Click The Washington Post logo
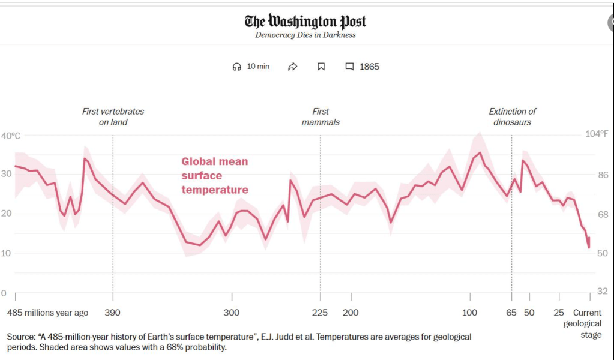pyautogui.click(x=305, y=22)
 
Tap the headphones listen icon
pyautogui.click(x=236, y=67)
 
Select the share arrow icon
pyautogui.click(x=293, y=67)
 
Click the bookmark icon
pyautogui.click(x=321, y=67)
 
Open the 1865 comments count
pyautogui.click(x=363, y=67)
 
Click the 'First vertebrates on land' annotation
pyautogui.click(x=113, y=116)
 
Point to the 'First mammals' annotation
pyautogui.click(x=321, y=116)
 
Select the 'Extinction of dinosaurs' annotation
pyautogui.click(x=512, y=116)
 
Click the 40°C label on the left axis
pyautogui.click(x=10, y=136)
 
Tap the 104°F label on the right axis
pyautogui.click(x=597, y=133)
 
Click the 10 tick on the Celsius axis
pyautogui.click(x=6, y=253)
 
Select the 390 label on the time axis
pyautogui.click(x=112, y=313)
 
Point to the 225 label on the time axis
pyautogui.click(x=320, y=313)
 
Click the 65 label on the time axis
pyautogui.click(x=511, y=313)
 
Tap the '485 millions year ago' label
pyautogui.click(x=47, y=313)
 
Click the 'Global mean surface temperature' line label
pyautogui.click(x=215, y=176)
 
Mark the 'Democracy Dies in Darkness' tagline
pyautogui.click(x=305, y=35)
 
